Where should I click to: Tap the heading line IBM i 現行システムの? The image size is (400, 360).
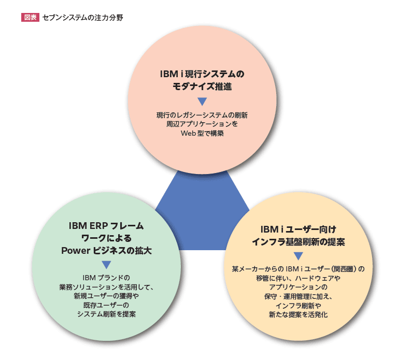[202, 74]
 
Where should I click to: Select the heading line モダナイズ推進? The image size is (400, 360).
[202, 87]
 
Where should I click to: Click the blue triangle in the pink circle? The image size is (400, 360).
[202, 102]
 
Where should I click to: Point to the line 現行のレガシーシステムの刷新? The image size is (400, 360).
[202, 115]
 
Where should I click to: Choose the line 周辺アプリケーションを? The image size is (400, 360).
[202, 124]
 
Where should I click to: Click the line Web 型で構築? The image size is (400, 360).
[202, 134]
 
